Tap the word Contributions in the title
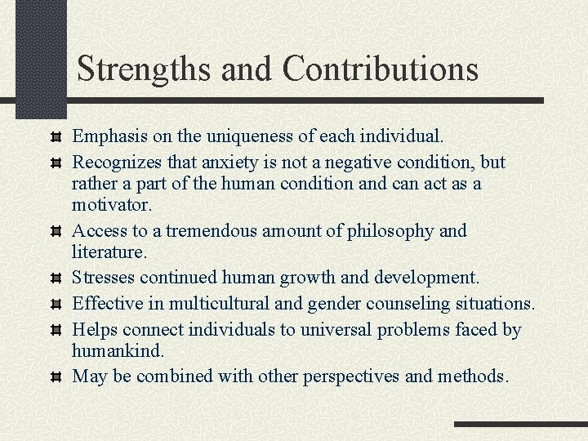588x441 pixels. (x=381, y=69)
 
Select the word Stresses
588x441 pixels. (x=103, y=278)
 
